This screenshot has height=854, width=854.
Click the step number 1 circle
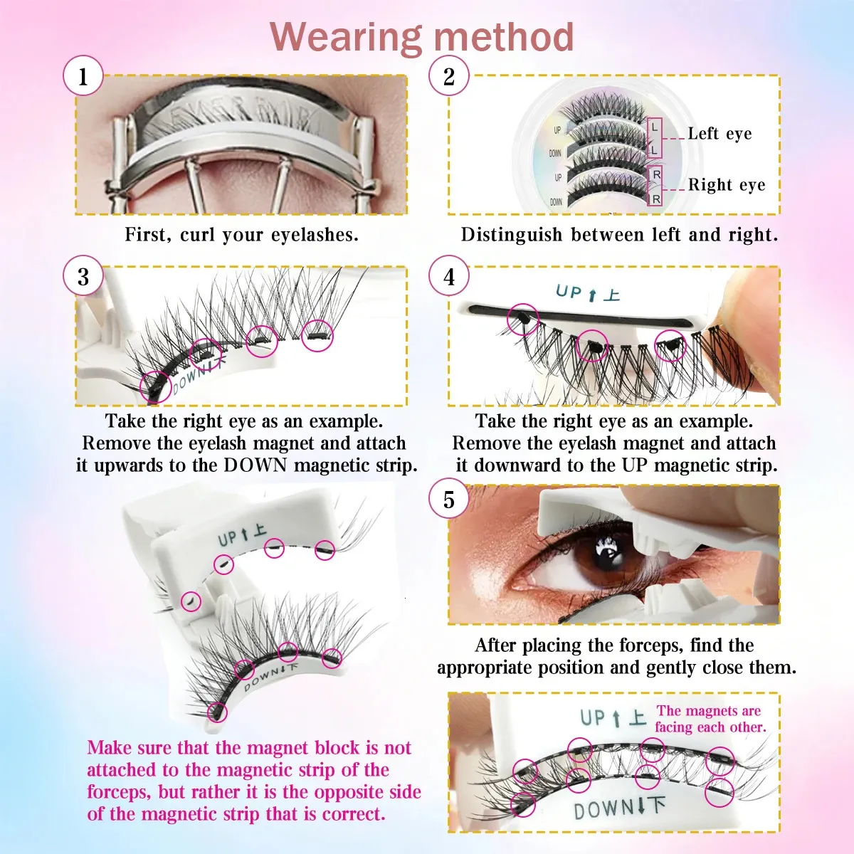click(x=83, y=75)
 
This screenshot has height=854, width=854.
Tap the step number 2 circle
click(x=448, y=75)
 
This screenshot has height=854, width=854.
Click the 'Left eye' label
click(x=719, y=133)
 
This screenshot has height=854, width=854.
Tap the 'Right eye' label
click(x=727, y=185)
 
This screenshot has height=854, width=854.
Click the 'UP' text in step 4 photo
click(x=568, y=291)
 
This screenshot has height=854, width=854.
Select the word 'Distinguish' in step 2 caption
click(x=512, y=235)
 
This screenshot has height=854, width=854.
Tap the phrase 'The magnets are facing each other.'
click(x=710, y=719)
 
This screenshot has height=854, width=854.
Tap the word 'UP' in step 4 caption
click(x=635, y=465)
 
